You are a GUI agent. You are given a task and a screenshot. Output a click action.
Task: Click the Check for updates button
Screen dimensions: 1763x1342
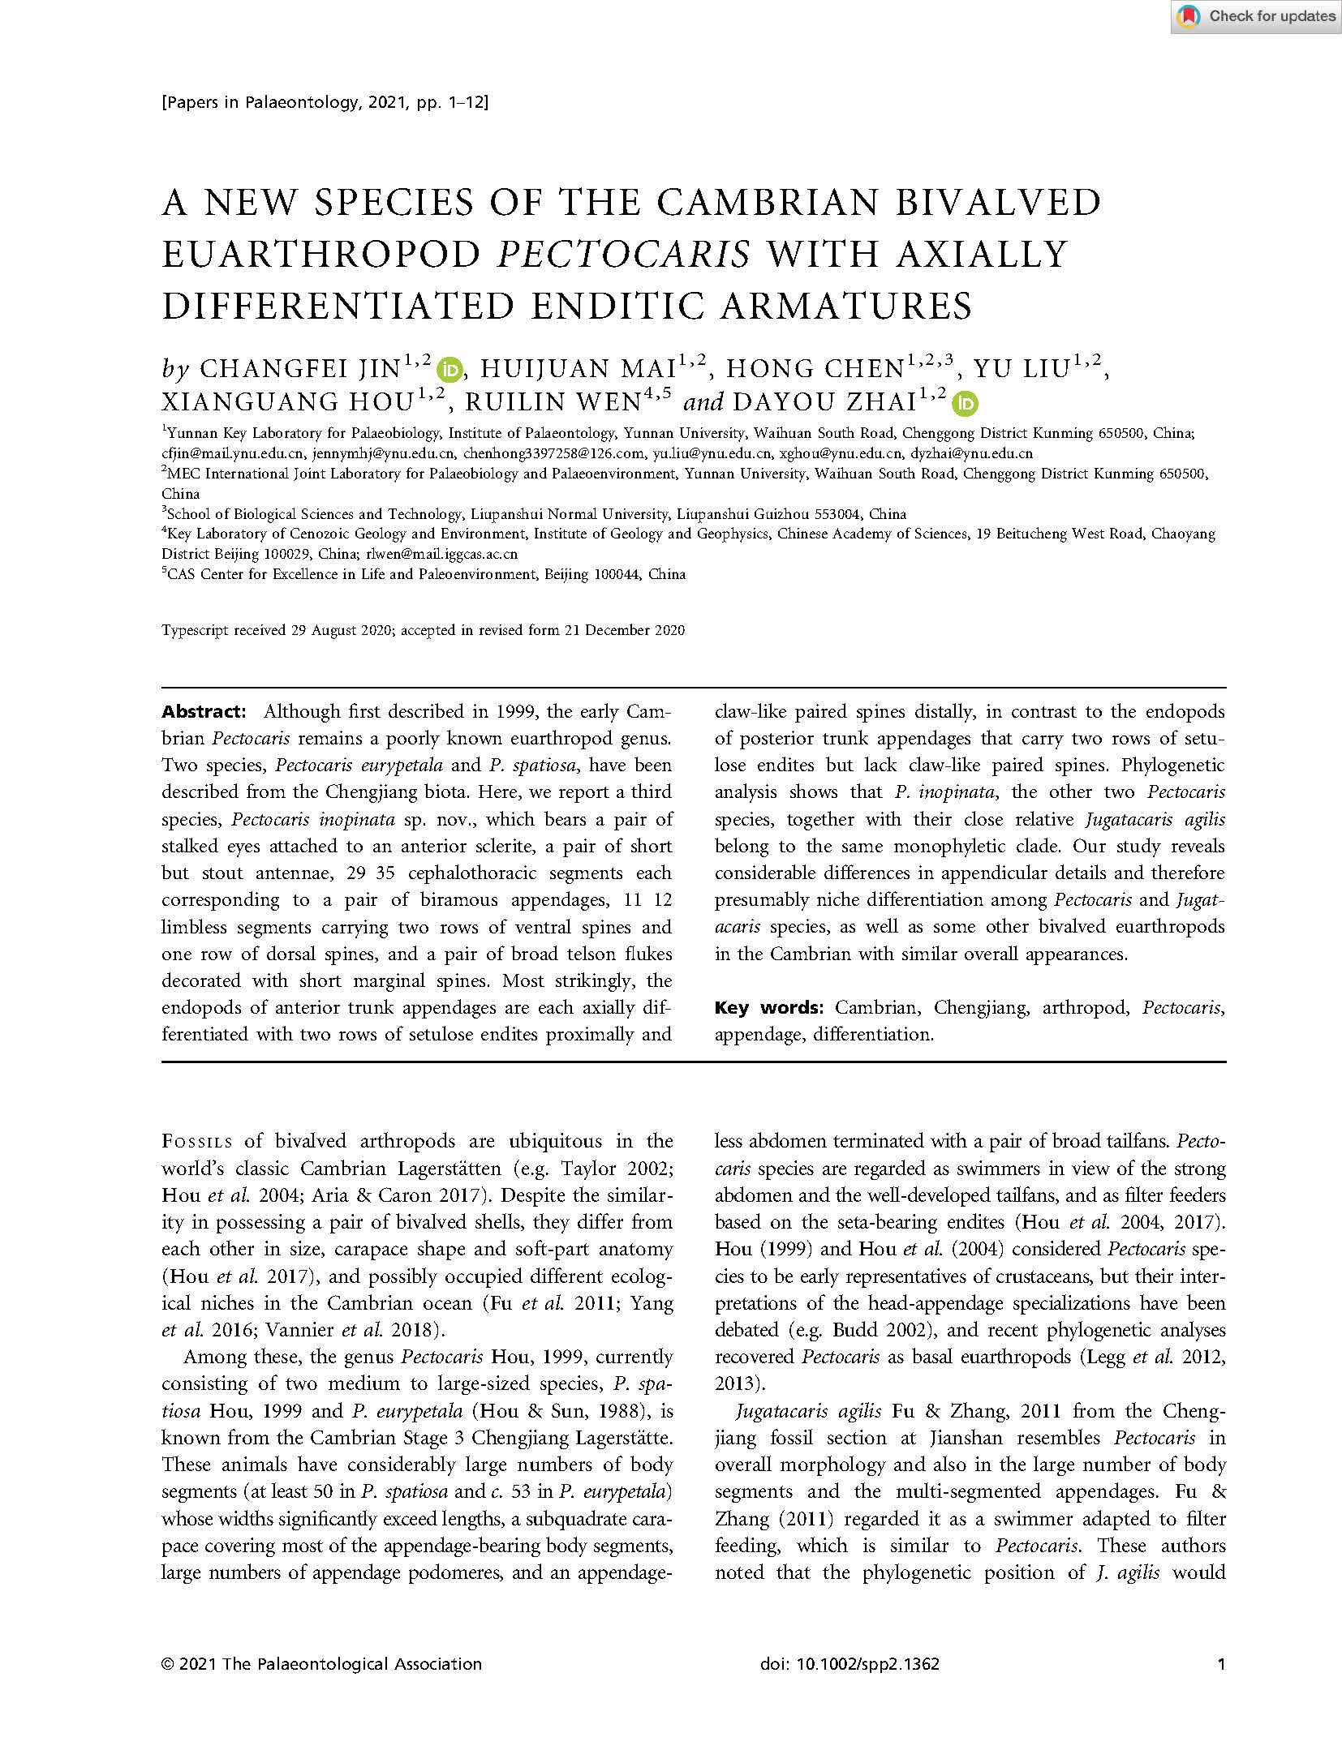(x=1255, y=17)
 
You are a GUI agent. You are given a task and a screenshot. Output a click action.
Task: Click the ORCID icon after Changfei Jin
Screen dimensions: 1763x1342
(x=449, y=370)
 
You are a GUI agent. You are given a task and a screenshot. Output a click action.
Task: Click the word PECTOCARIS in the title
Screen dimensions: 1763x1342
(x=622, y=255)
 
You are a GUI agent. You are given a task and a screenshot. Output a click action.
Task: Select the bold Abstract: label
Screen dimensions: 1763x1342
(x=203, y=712)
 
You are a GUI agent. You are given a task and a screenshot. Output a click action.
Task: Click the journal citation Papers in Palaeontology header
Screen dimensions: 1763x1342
(x=325, y=102)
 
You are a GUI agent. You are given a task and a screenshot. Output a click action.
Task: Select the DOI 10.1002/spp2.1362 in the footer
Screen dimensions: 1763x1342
(x=850, y=1664)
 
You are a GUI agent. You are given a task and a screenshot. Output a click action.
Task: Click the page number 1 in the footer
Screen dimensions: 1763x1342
(x=1220, y=1664)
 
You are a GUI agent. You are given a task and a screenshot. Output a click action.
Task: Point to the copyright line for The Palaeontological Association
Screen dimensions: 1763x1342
(x=321, y=1664)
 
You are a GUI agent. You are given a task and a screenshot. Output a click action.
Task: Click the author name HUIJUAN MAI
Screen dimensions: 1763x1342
(x=578, y=370)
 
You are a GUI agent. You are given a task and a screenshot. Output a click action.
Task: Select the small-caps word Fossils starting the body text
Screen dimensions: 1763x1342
(x=197, y=1142)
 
